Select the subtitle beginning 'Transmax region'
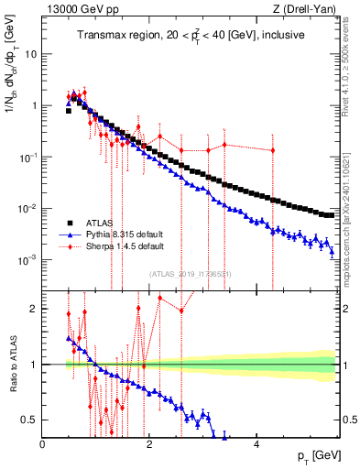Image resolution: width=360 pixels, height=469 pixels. pos(191,35)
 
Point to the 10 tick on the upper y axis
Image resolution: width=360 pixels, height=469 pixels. pos(31,53)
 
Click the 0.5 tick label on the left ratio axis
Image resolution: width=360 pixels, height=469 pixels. pos(30,420)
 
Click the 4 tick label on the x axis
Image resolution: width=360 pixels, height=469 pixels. pos(256,444)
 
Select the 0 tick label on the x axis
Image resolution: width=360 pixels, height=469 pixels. pos(43,444)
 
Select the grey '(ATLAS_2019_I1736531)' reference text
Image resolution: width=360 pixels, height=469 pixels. pos(197,273)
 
